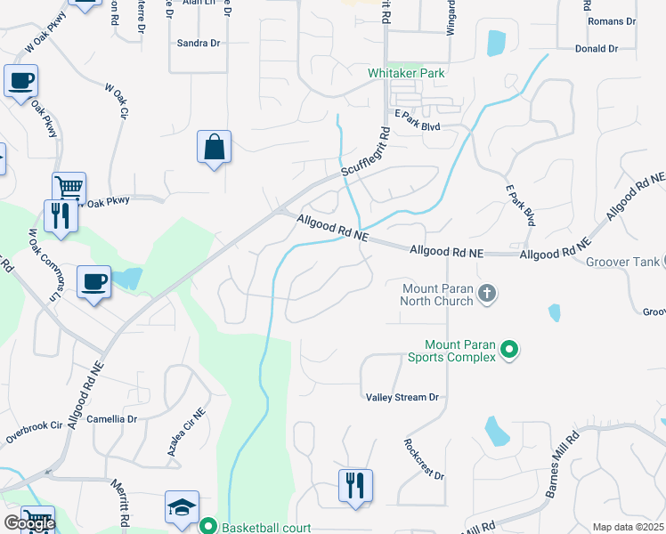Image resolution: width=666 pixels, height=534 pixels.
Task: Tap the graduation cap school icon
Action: coord(182,508)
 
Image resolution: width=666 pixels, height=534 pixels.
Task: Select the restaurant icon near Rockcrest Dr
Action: coord(355,486)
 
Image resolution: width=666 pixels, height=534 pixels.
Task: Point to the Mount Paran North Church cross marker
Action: coord(486,294)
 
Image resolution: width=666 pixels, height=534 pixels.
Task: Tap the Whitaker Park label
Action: coord(406,73)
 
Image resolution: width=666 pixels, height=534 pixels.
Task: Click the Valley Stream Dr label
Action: coord(402,397)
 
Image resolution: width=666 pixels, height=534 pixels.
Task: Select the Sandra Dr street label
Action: coord(199,43)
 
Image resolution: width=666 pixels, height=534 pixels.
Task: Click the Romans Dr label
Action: coord(612,20)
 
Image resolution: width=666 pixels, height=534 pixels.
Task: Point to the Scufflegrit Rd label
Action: coord(365,152)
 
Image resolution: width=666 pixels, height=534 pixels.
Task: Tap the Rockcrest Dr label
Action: coord(424,459)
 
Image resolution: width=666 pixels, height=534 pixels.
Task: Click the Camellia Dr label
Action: coord(112,418)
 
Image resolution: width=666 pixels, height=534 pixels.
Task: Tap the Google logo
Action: coord(28,523)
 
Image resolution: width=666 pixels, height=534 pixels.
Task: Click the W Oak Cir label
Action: coord(118,101)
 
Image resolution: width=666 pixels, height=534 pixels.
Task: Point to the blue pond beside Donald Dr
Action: coord(496,42)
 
